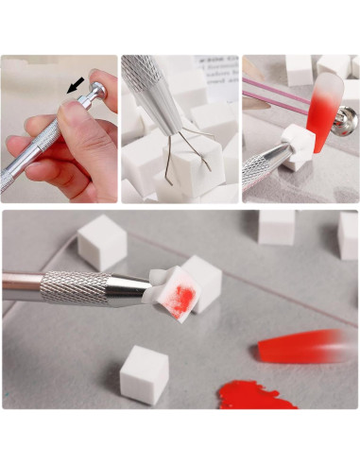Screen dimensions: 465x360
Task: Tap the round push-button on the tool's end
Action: (96, 92)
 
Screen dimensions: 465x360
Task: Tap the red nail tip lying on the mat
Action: (302, 346)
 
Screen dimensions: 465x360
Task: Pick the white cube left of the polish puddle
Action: (145, 373)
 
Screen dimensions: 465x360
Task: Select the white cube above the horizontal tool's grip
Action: (101, 242)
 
